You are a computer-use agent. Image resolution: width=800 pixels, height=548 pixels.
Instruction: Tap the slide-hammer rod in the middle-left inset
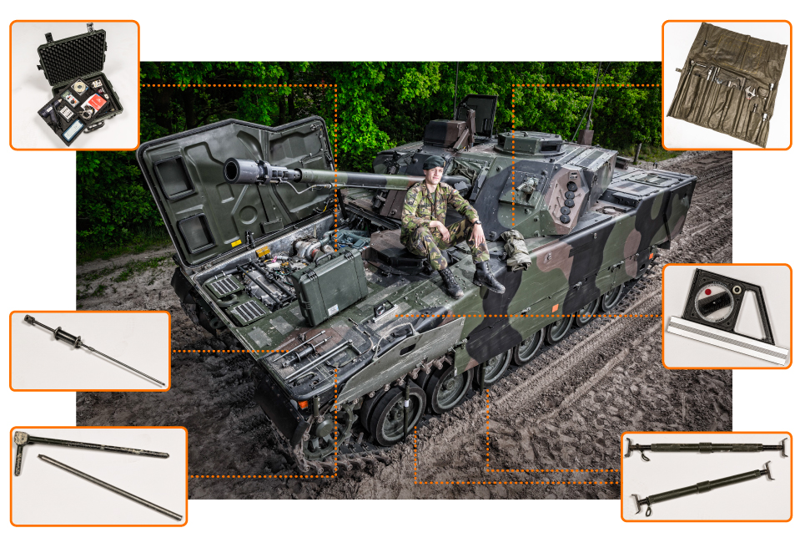pyautogui.click(x=92, y=350)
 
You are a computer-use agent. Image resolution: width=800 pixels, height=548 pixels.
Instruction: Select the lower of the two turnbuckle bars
pyautogui.click(x=704, y=488)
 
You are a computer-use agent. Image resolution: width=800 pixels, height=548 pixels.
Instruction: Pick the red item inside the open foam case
pyautogui.click(x=94, y=102)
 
